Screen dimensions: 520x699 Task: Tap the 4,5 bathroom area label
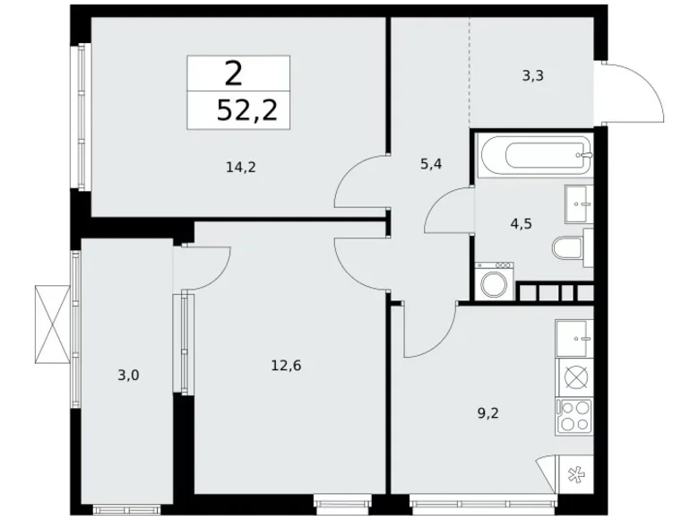tap(522, 224)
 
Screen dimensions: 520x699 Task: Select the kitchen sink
tap(575, 337)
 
